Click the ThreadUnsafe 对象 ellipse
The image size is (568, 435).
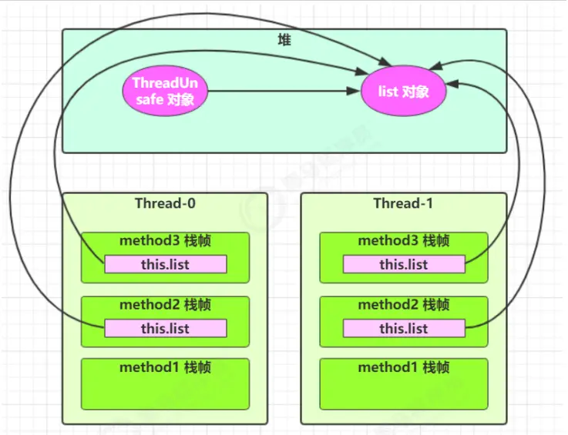tap(166, 92)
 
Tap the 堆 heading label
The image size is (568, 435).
tap(284, 39)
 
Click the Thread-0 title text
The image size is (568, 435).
tap(165, 203)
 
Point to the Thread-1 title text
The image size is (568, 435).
tap(404, 203)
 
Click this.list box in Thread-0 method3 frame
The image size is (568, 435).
tap(166, 265)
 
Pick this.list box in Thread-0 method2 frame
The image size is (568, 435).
tap(166, 329)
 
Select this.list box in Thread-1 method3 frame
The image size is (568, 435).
tap(404, 265)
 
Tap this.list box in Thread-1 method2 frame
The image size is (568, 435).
tap(404, 329)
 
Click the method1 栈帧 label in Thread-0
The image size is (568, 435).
tap(165, 367)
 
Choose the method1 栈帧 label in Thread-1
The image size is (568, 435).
tap(404, 367)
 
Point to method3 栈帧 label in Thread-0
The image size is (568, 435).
tap(165, 241)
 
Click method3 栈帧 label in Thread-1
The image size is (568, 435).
tap(404, 241)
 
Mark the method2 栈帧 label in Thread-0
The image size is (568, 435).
tap(165, 305)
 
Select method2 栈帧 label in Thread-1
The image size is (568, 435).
tap(404, 305)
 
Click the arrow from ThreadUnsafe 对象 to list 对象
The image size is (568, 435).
tap(285, 92)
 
